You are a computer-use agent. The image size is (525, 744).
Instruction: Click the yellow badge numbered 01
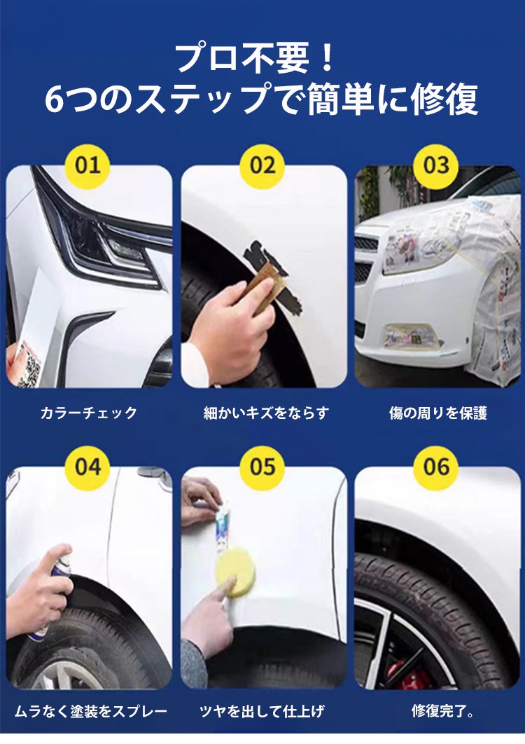(88, 166)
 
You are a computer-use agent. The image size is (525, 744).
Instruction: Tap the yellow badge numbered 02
(262, 166)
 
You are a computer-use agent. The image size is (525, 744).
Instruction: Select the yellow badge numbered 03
(436, 166)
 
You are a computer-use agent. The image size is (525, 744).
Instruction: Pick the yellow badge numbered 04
(88, 467)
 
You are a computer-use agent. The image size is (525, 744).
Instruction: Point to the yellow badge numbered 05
(262, 467)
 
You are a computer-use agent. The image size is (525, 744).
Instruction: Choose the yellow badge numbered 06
(436, 467)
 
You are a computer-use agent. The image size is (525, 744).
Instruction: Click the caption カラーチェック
(89, 413)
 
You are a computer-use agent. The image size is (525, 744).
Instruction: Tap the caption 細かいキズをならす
(266, 413)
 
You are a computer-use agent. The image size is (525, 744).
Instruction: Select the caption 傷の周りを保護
(437, 413)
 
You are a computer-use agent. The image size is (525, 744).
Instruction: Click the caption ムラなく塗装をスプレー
(90, 711)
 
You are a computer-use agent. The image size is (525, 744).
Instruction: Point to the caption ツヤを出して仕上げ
(262, 711)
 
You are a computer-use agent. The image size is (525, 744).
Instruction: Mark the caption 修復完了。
(442, 711)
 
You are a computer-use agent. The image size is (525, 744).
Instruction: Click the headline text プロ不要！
(257, 57)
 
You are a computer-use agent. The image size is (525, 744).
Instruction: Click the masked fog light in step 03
(411, 336)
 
